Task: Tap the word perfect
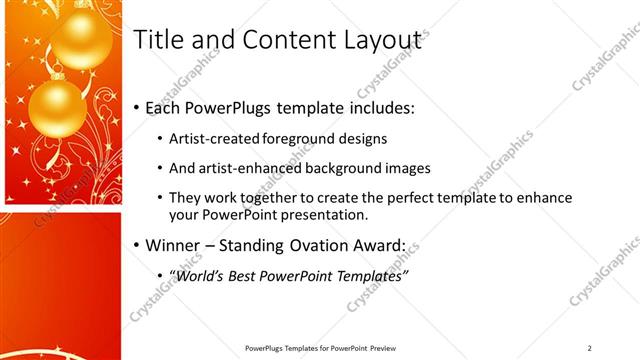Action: [x=408, y=197]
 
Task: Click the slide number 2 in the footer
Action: [x=590, y=348]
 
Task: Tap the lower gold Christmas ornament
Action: [x=57, y=108]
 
